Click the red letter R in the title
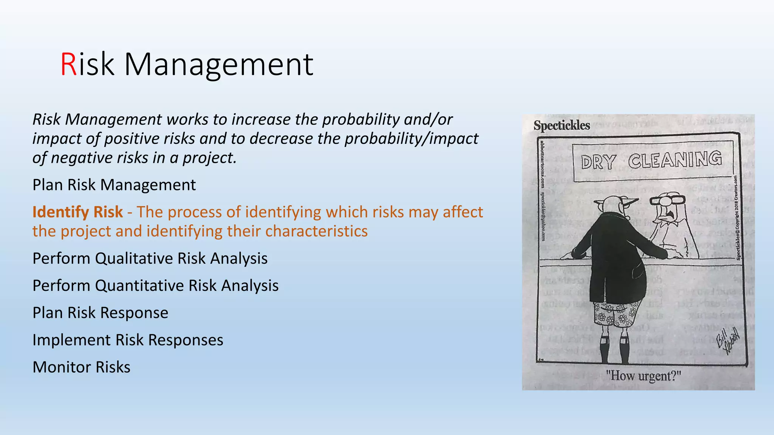coord(68,65)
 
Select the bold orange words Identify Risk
coord(77,212)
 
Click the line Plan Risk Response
coord(100,313)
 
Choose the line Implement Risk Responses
coord(128,340)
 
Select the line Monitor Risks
coord(81,367)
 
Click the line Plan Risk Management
coord(114,185)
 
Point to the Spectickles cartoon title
coord(562,125)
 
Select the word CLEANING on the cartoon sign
coord(675,160)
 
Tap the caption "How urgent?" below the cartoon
coord(643,376)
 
